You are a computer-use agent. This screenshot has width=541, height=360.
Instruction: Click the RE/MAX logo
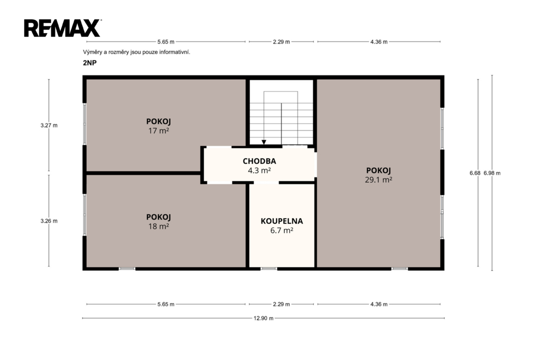[62, 28]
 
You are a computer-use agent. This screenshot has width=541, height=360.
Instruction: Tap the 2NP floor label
[90, 63]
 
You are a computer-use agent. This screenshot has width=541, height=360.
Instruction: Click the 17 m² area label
[158, 131]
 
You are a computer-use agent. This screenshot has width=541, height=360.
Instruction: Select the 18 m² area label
[158, 226]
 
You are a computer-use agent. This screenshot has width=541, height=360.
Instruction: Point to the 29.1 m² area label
[378, 179]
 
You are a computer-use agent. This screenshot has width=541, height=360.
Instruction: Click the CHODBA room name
[259, 161]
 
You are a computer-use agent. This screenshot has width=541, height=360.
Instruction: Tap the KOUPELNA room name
[282, 221]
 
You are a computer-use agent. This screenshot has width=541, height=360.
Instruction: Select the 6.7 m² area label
[282, 230]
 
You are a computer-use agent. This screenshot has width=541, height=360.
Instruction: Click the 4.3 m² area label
[259, 170]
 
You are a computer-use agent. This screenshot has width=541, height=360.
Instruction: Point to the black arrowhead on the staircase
[264, 142]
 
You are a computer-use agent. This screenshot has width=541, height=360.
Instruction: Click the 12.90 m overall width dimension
[264, 318]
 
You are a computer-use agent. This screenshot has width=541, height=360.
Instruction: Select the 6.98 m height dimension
[492, 173]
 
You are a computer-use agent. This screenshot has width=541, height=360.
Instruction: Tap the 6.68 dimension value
[475, 173]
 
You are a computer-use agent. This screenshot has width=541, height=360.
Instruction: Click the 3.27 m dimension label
[49, 126]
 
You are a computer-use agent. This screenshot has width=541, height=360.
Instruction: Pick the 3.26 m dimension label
[49, 221]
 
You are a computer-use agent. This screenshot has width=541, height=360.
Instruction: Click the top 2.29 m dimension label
[282, 42]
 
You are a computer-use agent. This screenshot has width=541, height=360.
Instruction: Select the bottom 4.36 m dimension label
[379, 304]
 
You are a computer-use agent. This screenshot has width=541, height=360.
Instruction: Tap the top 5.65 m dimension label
[166, 42]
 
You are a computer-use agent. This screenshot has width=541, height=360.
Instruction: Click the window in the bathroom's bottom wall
[269, 269]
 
